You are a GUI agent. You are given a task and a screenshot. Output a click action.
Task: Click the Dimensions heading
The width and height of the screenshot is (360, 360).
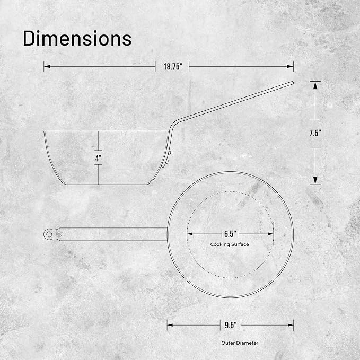(77, 38)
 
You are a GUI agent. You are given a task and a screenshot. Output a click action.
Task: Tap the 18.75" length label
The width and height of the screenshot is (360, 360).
(173, 67)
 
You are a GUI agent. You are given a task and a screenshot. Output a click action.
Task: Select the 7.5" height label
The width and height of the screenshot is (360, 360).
(315, 133)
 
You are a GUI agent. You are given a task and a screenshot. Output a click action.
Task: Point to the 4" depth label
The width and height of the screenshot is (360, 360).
(98, 158)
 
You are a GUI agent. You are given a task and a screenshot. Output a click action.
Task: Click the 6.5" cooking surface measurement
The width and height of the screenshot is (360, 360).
(230, 234)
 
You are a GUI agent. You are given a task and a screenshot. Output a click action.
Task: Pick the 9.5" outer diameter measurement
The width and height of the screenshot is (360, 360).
(231, 325)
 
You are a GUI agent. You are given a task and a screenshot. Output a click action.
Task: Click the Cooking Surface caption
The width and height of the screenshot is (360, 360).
(230, 244)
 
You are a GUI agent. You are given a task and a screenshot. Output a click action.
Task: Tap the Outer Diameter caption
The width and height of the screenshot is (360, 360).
(240, 343)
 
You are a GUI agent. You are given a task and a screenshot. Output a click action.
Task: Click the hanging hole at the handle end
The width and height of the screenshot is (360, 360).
(49, 234)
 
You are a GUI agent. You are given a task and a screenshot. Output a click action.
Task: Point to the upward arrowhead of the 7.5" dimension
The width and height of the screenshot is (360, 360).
(315, 85)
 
